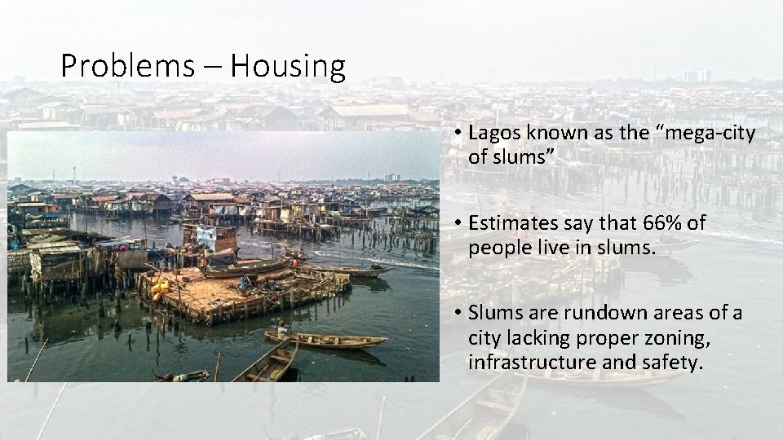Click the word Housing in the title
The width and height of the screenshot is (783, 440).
pyautogui.click(x=288, y=66)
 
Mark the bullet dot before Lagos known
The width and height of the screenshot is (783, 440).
pyautogui.click(x=460, y=134)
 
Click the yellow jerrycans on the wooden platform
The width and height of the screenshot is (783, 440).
pyautogui.click(x=161, y=287)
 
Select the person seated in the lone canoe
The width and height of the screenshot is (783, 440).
pyautogui.click(x=282, y=329)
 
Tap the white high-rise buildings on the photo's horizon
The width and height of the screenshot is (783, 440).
pyautogui.click(x=391, y=177)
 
